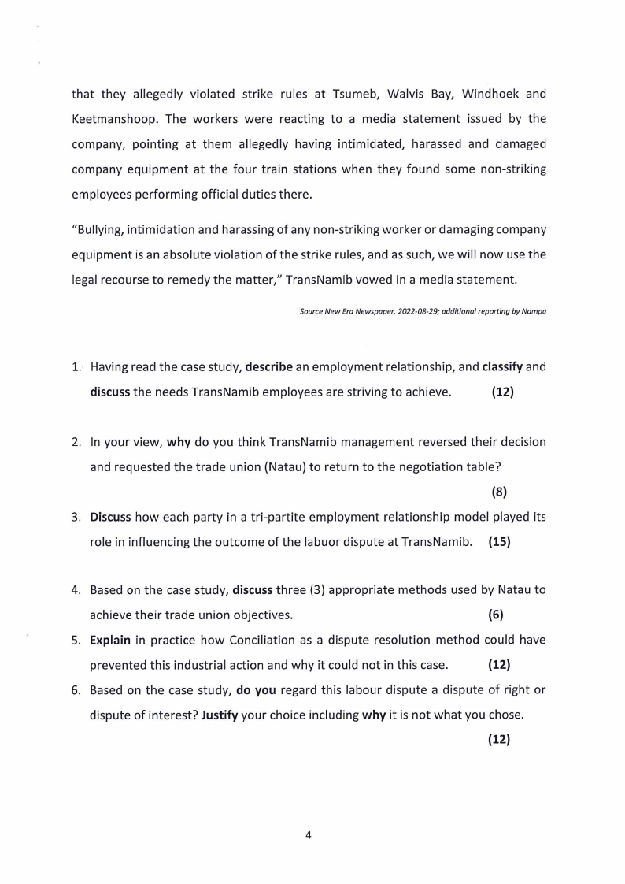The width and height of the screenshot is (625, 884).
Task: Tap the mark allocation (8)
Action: coord(499,492)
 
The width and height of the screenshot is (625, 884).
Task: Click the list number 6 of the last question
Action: coord(77,690)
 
